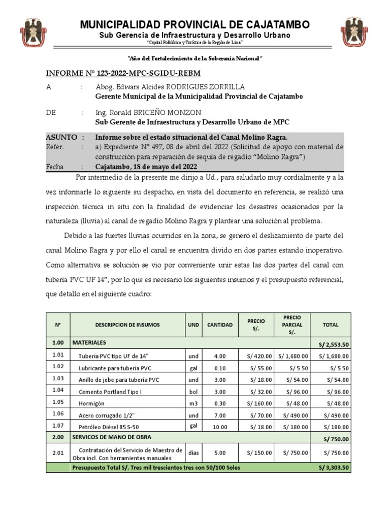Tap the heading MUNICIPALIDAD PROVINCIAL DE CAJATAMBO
point(194,25)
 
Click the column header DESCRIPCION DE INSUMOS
point(127,324)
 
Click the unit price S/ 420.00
point(259,356)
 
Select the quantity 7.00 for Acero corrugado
point(219,415)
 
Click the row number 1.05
point(58,403)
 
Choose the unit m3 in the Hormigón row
point(193,403)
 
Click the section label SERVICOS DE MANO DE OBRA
point(112,437)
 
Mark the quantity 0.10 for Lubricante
point(219,368)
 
